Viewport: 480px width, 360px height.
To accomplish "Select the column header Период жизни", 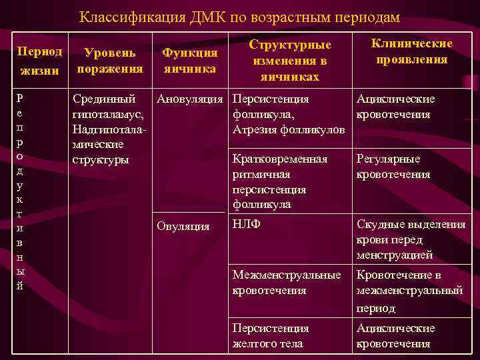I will (x=40, y=60).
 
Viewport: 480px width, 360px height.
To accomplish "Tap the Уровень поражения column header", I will (x=110, y=60).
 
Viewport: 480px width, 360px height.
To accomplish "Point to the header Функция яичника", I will (x=190, y=60).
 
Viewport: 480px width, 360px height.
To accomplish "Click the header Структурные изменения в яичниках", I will (x=290, y=60).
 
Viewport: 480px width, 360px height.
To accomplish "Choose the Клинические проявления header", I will (x=411, y=52).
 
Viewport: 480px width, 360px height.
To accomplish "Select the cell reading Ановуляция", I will (x=190, y=99).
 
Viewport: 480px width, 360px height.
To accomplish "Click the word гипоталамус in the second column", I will (x=103, y=115).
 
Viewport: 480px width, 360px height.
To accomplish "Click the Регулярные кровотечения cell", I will (x=393, y=167).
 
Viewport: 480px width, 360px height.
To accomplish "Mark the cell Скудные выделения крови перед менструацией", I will (x=410, y=240).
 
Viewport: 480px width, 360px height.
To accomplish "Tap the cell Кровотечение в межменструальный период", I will (x=409, y=291).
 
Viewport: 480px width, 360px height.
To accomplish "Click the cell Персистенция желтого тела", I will (x=270, y=336).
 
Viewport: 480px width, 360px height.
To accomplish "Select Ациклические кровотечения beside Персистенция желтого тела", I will (x=395, y=336).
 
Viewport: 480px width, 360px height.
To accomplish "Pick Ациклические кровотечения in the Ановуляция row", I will (x=395, y=107).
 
